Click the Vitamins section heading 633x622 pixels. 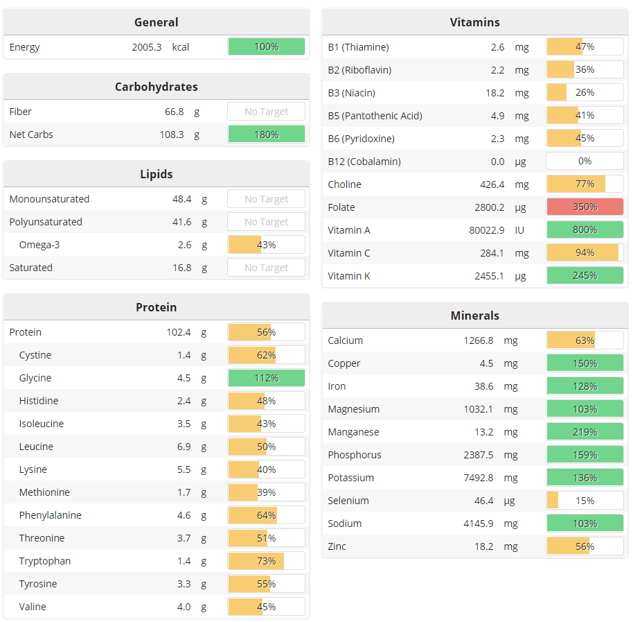click(x=474, y=22)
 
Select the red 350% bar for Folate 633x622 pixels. click(x=585, y=207)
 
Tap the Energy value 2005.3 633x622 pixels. click(x=147, y=47)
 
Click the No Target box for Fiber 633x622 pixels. click(x=266, y=112)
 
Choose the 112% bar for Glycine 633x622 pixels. click(x=266, y=378)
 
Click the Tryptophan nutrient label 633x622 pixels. click(x=45, y=561)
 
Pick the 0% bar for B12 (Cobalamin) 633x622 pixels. click(x=585, y=162)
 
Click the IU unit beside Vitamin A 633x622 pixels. click(x=520, y=230)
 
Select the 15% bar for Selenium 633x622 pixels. click(x=585, y=501)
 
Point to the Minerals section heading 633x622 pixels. click(x=474, y=316)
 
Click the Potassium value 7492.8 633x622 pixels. click(x=479, y=478)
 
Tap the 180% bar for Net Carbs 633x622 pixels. click(x=266, y=135)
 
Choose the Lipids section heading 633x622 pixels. click(x=156, y=174)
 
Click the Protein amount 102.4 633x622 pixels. click(x=179, y=332)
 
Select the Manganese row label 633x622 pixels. click(x=353, y=432)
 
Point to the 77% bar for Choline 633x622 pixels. click(x=585, y=184)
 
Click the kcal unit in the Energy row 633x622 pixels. click(x=181, y=47)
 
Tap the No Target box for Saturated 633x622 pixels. click(x=266, y=268)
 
